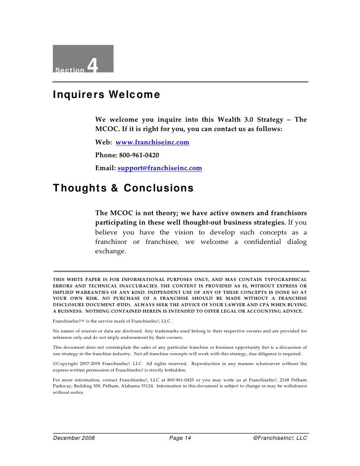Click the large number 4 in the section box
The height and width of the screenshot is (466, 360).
point(94,64)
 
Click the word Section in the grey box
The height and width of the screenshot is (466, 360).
point(70,70)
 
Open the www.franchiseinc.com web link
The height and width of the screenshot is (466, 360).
point(152,142)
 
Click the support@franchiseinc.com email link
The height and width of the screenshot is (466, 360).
point(160,168)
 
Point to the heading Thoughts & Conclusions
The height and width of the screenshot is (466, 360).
point(123,189)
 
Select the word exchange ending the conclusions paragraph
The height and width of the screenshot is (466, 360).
point(111,251)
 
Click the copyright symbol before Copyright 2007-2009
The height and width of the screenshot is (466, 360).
point(55,364)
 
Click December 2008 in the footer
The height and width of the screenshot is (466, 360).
point(74,438)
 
